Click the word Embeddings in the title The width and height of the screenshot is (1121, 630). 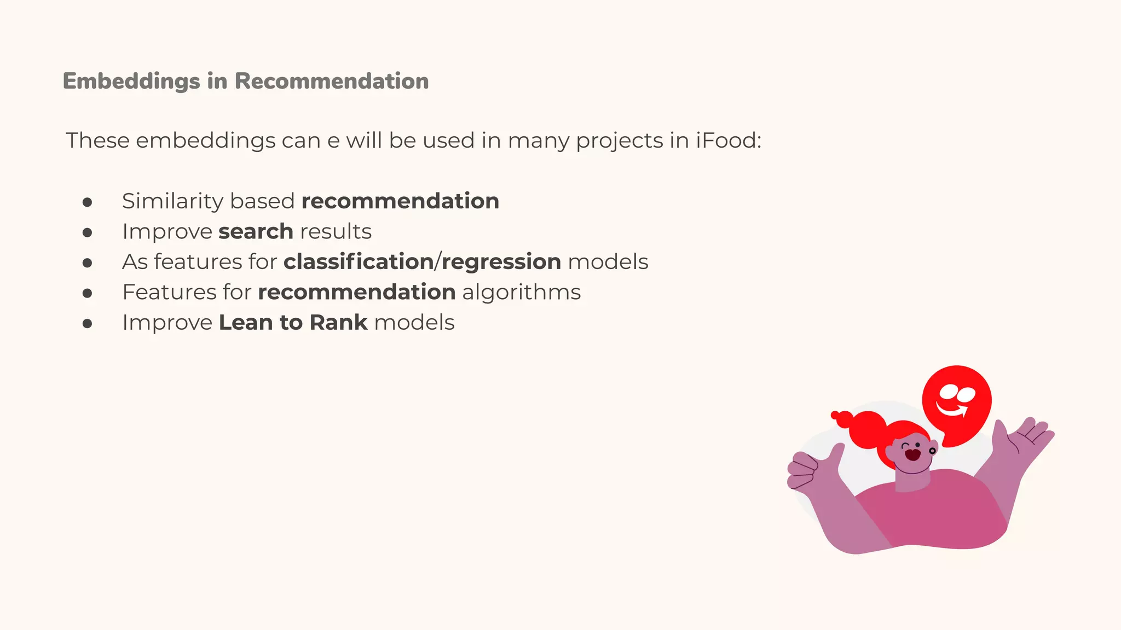point(131,81)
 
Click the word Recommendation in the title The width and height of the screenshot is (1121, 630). point(331,81)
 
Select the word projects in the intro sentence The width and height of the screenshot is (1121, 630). point(620,142)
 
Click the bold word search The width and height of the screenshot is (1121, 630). point(256,232)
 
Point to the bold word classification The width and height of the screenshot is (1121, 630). point(358,262)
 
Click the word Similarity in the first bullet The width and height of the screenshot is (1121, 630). point(172,202)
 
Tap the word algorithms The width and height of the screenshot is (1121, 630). point(521,293)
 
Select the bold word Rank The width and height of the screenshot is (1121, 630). point(338,323)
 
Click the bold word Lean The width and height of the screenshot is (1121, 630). point(246,323)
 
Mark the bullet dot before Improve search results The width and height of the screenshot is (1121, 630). point(87,233)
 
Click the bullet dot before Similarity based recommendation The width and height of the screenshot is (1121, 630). point(87,203)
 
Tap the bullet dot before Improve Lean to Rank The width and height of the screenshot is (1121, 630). point(87,324)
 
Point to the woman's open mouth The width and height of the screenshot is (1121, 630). point(912,454)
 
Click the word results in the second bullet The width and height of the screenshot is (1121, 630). point(336,232)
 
